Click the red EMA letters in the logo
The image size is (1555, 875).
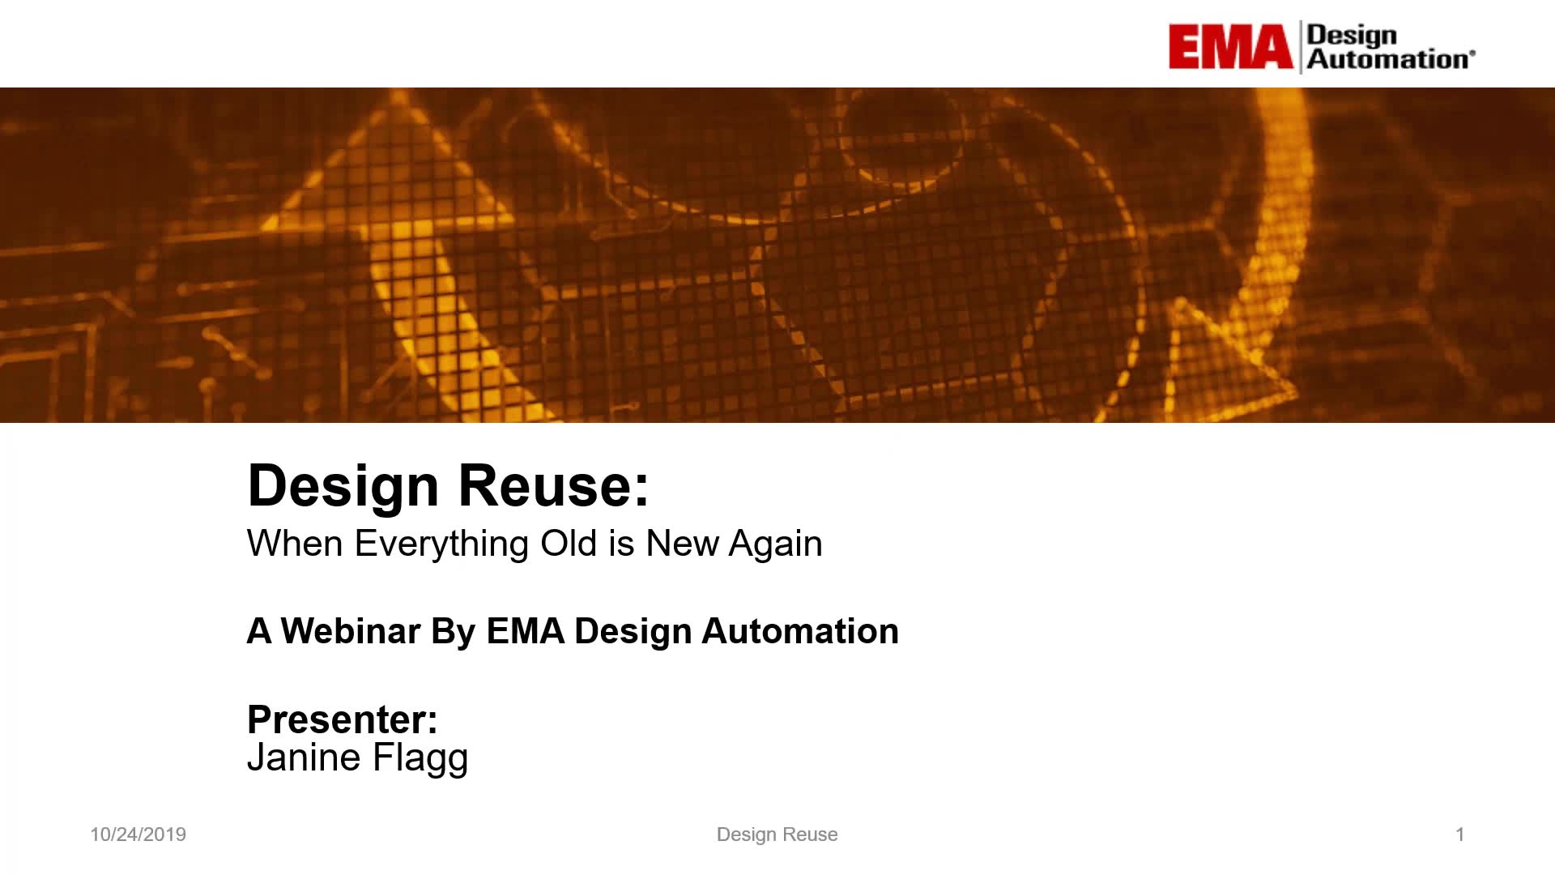click(x=1229, y=47)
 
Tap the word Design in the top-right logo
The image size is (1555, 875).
click(x=1351, y=35)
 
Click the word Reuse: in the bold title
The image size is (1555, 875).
click(x=554, y=486)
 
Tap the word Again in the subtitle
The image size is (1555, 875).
click(x=775, y=544)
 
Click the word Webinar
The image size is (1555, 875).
click(x=351, y=631)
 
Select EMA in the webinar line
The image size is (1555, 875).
click(x=525, y=631)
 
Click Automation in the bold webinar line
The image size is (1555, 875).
click(x=800, y=631)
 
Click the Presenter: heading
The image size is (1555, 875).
click(x=342, y=719)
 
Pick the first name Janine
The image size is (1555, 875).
click(x=304, y=758)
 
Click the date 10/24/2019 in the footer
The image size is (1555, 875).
click(x=138, y=834)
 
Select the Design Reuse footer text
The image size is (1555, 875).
click(x=777, y=834)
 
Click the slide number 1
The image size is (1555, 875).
click(x=1459, y=834)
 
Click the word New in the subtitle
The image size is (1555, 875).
click(x=682, y=544)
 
